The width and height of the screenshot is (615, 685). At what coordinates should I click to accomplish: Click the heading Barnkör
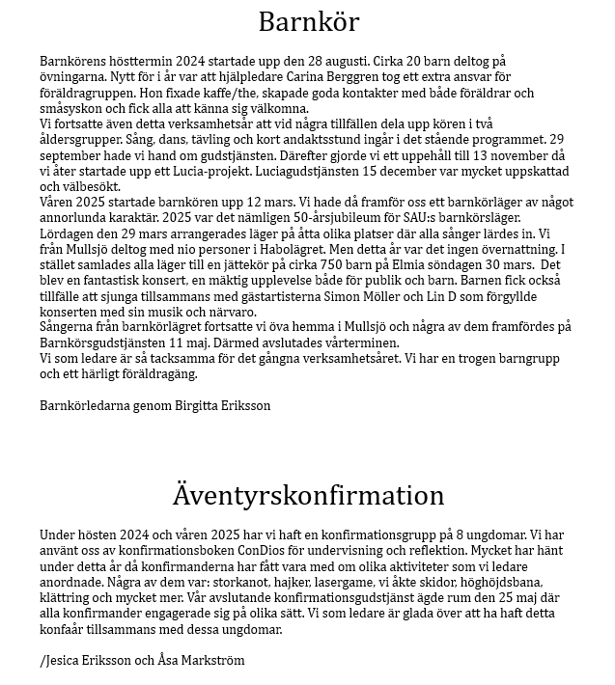click(x=308, y=21)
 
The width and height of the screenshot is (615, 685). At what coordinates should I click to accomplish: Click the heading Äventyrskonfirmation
click(x=308, y=495)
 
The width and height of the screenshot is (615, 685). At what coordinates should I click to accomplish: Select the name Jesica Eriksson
click(x=87, y=661)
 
